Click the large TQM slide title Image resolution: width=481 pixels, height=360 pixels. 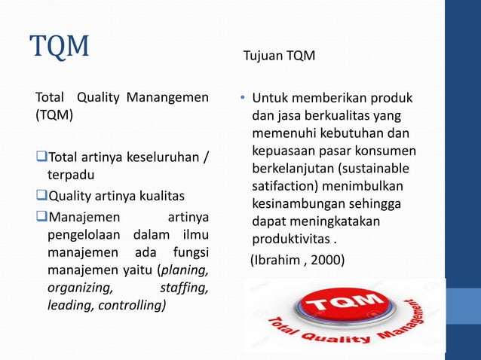[x=60, y=47]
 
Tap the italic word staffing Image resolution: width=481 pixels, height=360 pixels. [x=185, y=288]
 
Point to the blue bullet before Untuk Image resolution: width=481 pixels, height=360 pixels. [x=243, y=99]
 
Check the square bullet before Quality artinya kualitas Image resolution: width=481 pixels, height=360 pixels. [x=42, y=197]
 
